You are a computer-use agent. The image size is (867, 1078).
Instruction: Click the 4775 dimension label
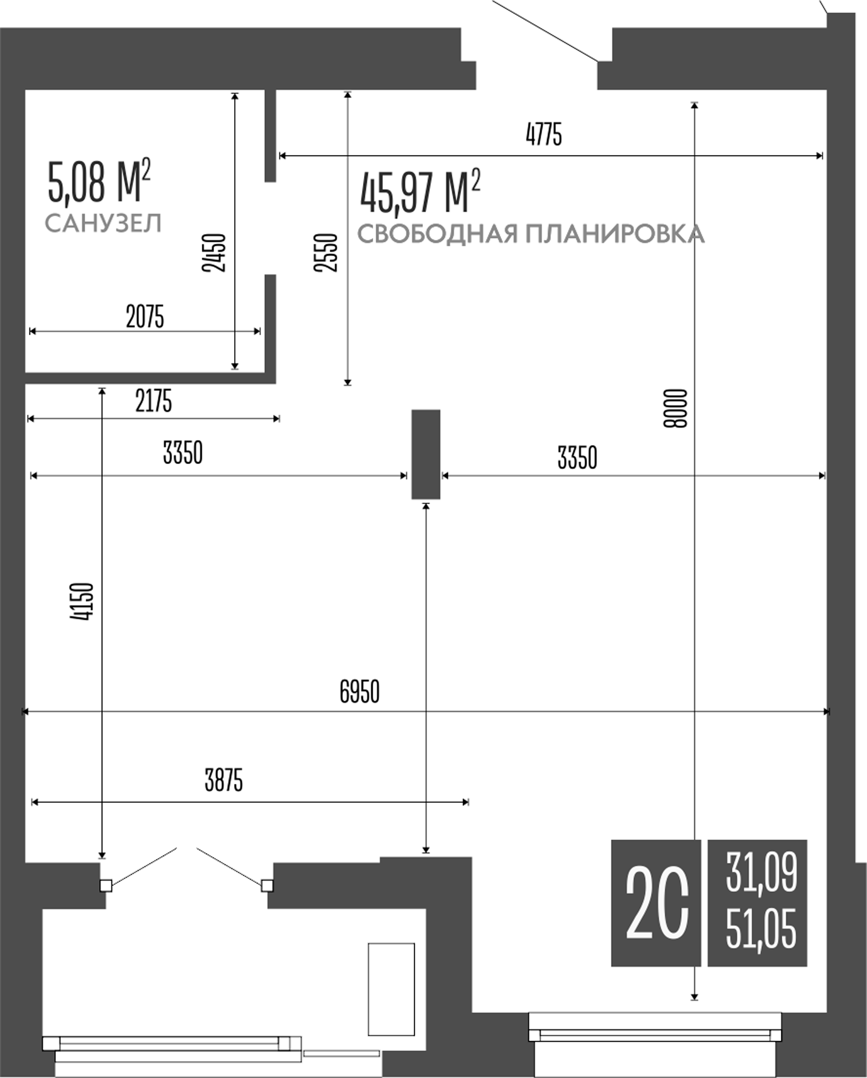[544, 135]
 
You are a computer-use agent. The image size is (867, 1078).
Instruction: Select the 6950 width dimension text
[359, 691]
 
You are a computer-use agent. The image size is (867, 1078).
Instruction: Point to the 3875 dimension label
[223, 781]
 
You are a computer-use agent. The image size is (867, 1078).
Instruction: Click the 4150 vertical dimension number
[82, 602]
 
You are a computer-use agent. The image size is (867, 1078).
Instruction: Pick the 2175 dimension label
[153, 401]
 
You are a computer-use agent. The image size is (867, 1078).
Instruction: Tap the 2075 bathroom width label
[145, 317]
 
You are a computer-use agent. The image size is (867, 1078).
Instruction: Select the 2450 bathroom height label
[214, 253]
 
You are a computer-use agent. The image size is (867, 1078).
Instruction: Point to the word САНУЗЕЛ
[103, 223]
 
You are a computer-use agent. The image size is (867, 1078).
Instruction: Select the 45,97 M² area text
[420, 192]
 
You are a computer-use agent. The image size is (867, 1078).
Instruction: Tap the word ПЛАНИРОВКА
[614, 235]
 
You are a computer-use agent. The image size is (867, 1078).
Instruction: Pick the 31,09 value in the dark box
[761, 873]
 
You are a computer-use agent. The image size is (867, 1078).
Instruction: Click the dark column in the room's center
[426, 454]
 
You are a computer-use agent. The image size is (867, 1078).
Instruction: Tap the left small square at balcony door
[106, 885]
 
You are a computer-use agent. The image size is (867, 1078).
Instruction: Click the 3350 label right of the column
[577, 458]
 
